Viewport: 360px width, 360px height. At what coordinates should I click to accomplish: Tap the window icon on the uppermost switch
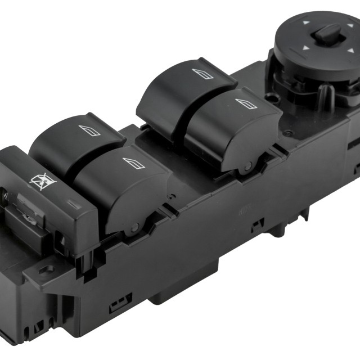click(x=202, y=74)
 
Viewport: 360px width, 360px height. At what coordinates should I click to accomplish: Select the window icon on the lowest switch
click(x=134, y=163)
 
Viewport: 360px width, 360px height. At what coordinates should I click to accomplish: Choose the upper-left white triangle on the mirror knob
click(x=305, y=23)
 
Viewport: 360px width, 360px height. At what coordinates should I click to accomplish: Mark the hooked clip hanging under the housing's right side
click(x=304, y=213)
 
